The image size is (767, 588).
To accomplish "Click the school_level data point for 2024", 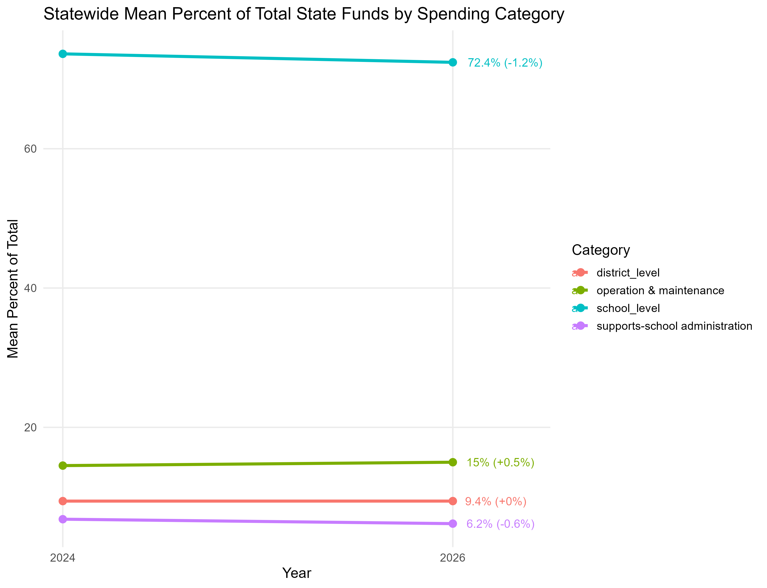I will click(x=63, y=54).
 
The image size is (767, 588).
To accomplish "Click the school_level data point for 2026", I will click(x=453, y=62).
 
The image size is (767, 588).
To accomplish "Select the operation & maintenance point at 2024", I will click(x=63, y=465).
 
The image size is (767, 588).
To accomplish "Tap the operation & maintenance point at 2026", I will click(x=453, y=462).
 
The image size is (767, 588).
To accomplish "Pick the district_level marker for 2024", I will click(x=63, y=501).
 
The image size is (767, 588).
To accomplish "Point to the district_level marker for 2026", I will click(x=453, y=501).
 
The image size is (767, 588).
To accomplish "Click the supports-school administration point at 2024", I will click(x=63, y=519).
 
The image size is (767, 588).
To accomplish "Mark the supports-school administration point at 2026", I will click(x=453, y=524).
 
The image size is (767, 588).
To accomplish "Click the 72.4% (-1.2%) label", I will click(x=505, y=63).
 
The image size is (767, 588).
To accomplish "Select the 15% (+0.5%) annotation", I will click(x=500, y=462).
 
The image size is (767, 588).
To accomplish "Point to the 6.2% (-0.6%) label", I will click(x=500, y=524).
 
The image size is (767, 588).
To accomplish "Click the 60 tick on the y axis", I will click(x=30, y=149).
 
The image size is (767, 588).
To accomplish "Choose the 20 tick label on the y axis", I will click(x=30, y=427).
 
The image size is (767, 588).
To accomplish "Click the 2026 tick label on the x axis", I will click(x=453, y=558).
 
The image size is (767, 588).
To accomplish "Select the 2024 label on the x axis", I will click(x=63, y=558).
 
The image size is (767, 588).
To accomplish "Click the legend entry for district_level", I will click(x=628, y=273).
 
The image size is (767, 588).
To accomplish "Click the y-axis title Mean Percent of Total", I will click(x=13, y=289).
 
